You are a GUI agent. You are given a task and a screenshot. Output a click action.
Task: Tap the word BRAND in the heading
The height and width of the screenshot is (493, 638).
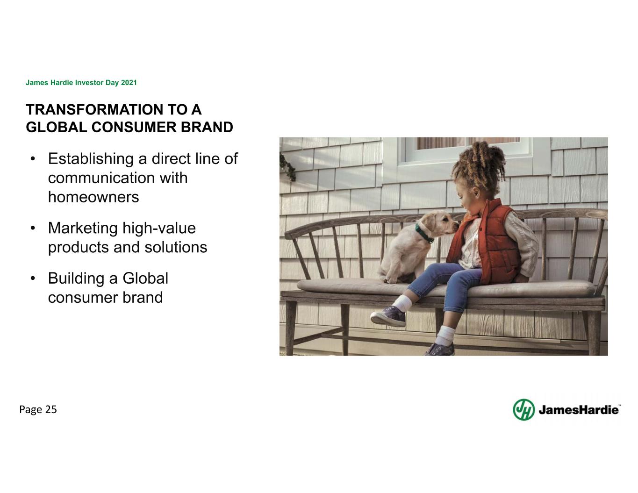207,127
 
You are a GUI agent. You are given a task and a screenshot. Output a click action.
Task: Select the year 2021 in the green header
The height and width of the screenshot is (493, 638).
129,82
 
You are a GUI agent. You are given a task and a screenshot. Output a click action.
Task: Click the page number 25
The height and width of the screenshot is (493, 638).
51,409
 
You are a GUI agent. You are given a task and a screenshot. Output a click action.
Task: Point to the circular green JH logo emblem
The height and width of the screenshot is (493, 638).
523,410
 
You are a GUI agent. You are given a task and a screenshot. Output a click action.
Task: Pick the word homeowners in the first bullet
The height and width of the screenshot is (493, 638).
93,197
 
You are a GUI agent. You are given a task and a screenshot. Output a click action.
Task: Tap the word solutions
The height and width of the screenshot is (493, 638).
176,247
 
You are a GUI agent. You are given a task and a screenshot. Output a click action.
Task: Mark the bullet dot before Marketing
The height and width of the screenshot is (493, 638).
33,229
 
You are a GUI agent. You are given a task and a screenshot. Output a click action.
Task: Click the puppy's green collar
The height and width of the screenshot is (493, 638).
424,234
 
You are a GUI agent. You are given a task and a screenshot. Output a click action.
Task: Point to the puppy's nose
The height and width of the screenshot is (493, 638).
456,226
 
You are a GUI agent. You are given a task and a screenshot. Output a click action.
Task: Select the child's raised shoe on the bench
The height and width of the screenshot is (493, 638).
388,316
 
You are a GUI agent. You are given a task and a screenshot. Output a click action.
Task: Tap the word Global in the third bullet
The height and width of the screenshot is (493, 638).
145,278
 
